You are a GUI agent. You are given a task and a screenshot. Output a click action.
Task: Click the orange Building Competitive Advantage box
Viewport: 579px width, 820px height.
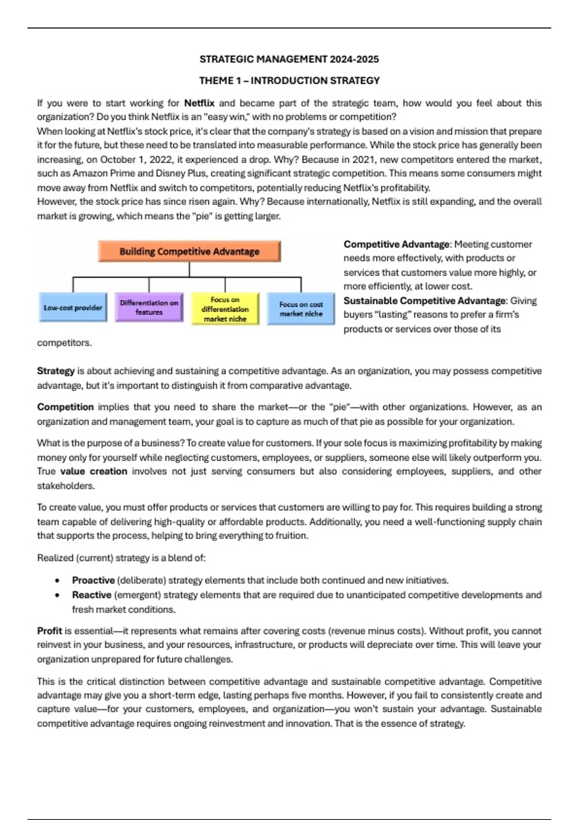click(189, 251)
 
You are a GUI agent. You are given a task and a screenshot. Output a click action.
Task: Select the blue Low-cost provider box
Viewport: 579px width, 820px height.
click(73, 308)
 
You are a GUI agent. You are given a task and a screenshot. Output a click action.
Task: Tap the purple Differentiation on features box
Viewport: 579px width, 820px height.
click(149, 308)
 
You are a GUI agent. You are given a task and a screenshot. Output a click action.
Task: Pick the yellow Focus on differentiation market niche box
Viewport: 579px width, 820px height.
click(225, 309)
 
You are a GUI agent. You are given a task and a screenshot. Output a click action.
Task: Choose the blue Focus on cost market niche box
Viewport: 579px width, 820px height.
click(301, 309)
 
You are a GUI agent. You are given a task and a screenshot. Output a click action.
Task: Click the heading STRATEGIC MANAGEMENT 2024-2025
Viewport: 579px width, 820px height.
click(289, 59)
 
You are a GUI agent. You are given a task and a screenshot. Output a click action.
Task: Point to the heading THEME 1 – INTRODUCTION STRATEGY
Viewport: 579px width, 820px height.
click(289, 81)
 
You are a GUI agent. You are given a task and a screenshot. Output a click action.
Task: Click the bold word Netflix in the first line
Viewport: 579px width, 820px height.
click(199, 103)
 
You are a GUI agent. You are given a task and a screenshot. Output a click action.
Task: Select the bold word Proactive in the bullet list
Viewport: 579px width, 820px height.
click(93, 580)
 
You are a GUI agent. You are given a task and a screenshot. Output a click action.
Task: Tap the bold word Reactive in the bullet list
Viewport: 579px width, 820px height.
click(92, 595)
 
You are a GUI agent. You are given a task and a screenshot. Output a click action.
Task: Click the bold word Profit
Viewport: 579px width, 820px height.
click(49, 631)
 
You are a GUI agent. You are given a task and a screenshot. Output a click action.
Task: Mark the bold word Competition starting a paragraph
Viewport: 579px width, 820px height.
click(65, 407)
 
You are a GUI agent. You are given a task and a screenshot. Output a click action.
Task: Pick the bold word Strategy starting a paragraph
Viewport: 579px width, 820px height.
click(55, 371)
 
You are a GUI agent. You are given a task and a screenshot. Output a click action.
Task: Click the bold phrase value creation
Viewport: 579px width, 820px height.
click(94, 471)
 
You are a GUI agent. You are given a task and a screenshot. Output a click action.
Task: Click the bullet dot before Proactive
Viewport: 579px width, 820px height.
click(57, 581)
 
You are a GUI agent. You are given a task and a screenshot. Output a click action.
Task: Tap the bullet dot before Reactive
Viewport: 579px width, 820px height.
click(57, 595)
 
